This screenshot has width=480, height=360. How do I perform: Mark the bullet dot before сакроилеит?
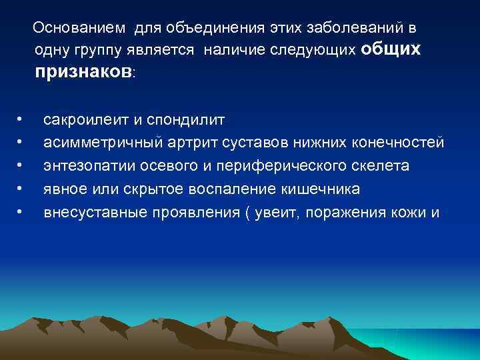(21, 121)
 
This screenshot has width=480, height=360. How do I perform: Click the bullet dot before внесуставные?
(21, 213)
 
